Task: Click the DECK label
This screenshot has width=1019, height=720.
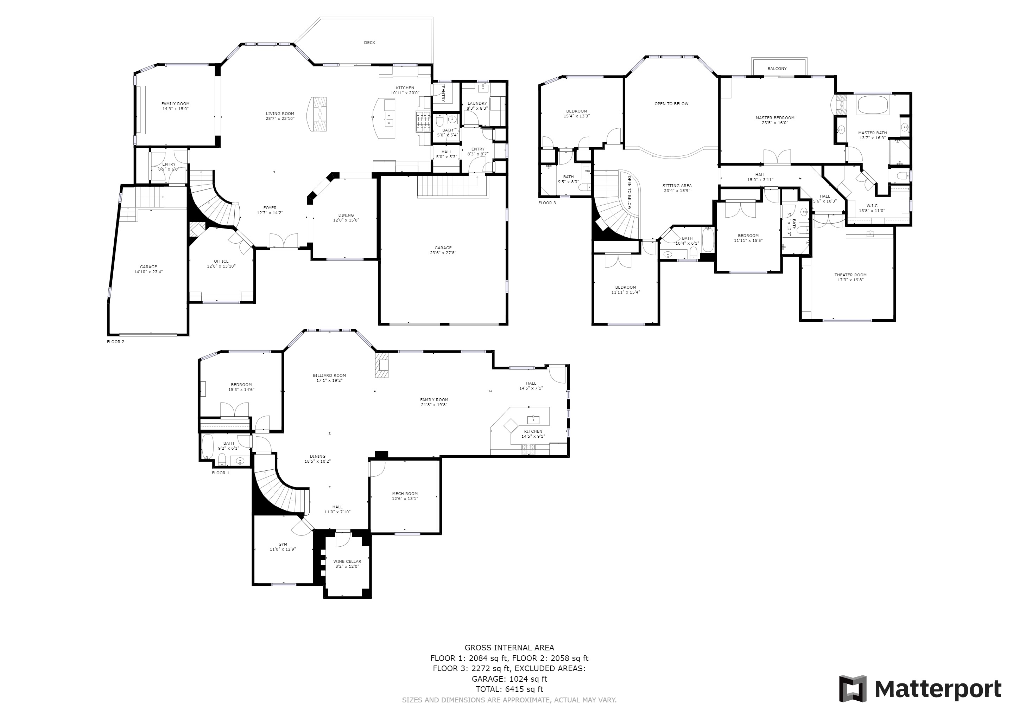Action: [x=370, y=43]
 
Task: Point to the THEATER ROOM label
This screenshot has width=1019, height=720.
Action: [x=850, y=275]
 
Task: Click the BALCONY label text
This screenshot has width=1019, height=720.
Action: [x=777, y=69]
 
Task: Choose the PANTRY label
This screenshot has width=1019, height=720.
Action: [x=443, y=94]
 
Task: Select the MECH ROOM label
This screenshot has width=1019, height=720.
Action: [x=405, y=494]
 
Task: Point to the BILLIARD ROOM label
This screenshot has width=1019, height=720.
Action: [x=329, y=375]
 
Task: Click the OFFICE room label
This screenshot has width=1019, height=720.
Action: [x=221, y=261]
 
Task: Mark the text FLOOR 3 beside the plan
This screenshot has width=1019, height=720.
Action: [x=547, y=203]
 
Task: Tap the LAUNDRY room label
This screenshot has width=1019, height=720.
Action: [x=477, y=103]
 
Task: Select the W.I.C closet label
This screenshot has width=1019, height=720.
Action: [x=872, y=206]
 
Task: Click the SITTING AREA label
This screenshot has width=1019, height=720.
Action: [x=677, y=186]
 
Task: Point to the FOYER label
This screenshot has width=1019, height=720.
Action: [x=270, y=208]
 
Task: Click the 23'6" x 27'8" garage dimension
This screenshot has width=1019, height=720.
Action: [x=443, y=253]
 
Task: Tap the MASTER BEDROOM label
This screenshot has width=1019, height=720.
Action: [x=775, y=118]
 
